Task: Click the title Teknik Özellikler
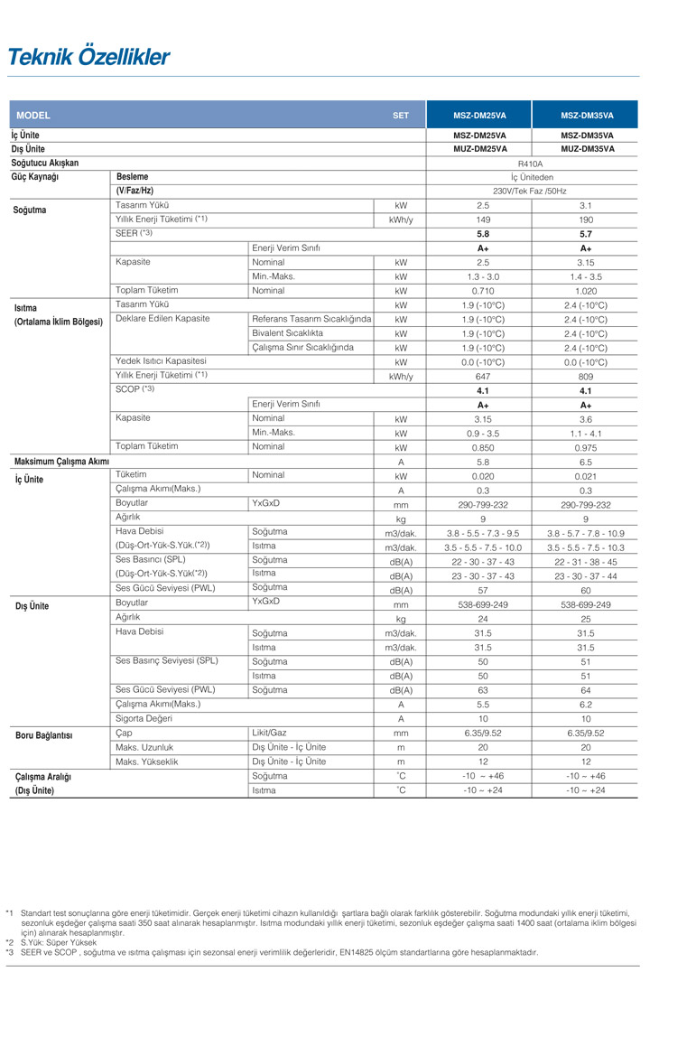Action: pyautogui.click(x=88, y=58)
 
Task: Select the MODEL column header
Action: pyautogui.click(x=33, y=116)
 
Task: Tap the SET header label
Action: pyautogui.click(x=401, y=116)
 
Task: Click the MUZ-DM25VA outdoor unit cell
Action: pyautogui.click(x=479, y=149)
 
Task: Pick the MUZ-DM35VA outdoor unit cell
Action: pyautogui.click(x=587, y=149)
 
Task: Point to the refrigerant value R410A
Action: pyautogui.click(x=531, y=164)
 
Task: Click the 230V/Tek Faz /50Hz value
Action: pyautogui.click(x=531, y=192)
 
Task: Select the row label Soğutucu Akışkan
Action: pyautogui.click(x=45, y=164)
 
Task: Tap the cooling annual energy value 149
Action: pyautogui.click(x=482, y=220)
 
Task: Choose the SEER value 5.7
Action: pyautogui.click(x=586, y=234)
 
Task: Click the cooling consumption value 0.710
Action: pyautogui.click(x=482, y=291)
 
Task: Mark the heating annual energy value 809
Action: pyautogui.click(x=586, y=377)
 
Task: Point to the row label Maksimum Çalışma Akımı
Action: pyautogui.click(x=61, y=462)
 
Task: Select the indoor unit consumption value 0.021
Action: pyautogui.click(x=586, y=476)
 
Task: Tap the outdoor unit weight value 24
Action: pyautogui.click(x=482, y=619)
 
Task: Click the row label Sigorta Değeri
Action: pyautogui.click(x=144, y=718)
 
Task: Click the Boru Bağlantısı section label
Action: pyautogui.click(x=43, y=735)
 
